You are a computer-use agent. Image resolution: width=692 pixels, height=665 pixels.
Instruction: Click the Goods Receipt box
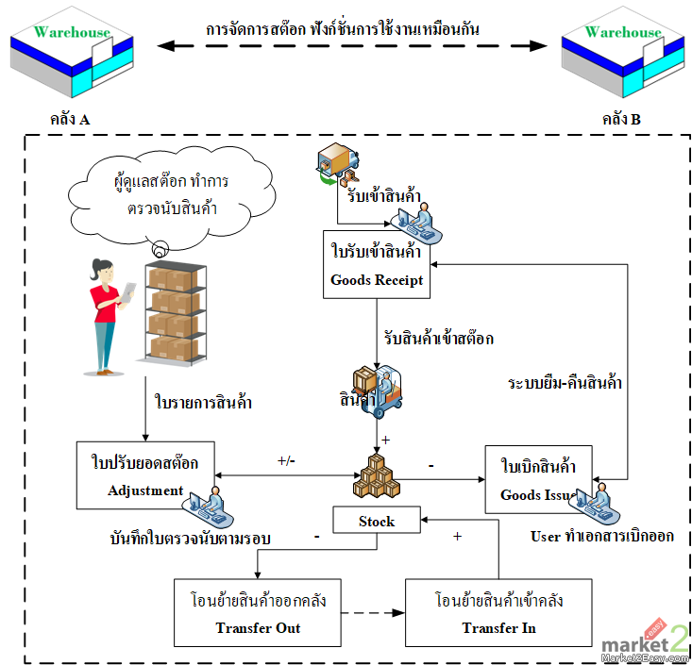pyautogui.click(x=376, y=265)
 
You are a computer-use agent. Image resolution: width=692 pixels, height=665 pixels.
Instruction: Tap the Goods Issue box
pyautogui.click(x=538, y=478)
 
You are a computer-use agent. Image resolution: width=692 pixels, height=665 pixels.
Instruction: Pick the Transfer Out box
pyautogui.click(x=257, y=613)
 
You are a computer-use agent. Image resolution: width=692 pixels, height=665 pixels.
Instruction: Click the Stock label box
pyautogui.click(x=376, y=521)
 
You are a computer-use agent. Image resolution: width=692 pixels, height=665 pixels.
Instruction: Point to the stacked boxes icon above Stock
pyautogui.click(x=376, y=476)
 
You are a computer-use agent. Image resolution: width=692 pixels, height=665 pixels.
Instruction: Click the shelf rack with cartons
pyautogui.click(x=174, y=310)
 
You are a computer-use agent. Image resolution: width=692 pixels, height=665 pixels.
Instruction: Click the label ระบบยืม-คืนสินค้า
pyautogui.click(x=565, y=384)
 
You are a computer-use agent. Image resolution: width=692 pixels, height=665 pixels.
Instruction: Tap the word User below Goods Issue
pyautogui.click(x=545, y=536)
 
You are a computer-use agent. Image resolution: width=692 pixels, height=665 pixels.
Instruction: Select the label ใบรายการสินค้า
pyautogui.click(x=203, y=402)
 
